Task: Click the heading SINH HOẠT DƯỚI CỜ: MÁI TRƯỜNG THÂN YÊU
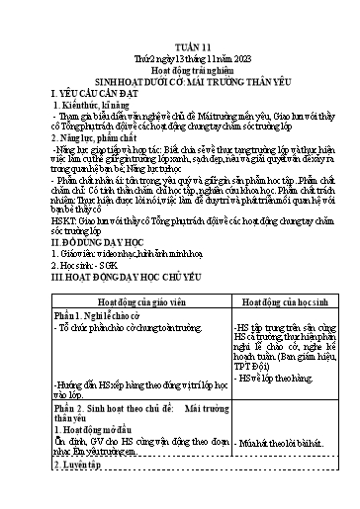(x=179, y=57)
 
